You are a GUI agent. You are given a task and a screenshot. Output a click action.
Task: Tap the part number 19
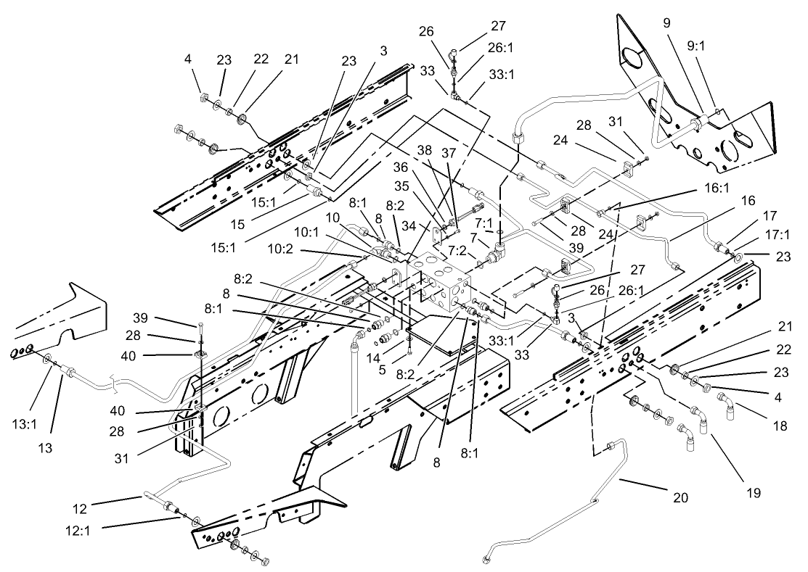tap(753, 493)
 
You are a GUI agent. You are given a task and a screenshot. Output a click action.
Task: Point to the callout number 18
tap(780, 426)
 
